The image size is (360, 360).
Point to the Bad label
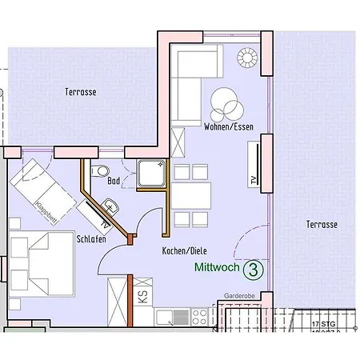(x=114, y=182)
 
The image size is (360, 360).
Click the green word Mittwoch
(x=216, y=270)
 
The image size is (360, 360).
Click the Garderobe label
(x=241, y=294)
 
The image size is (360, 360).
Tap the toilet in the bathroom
(x=100, y=170)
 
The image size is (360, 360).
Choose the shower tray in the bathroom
(x=150, y=174)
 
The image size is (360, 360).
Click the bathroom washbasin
(x=111, y=207)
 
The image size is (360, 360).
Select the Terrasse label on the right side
(x=321, y=226)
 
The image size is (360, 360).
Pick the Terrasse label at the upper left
(x=80, y=92)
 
